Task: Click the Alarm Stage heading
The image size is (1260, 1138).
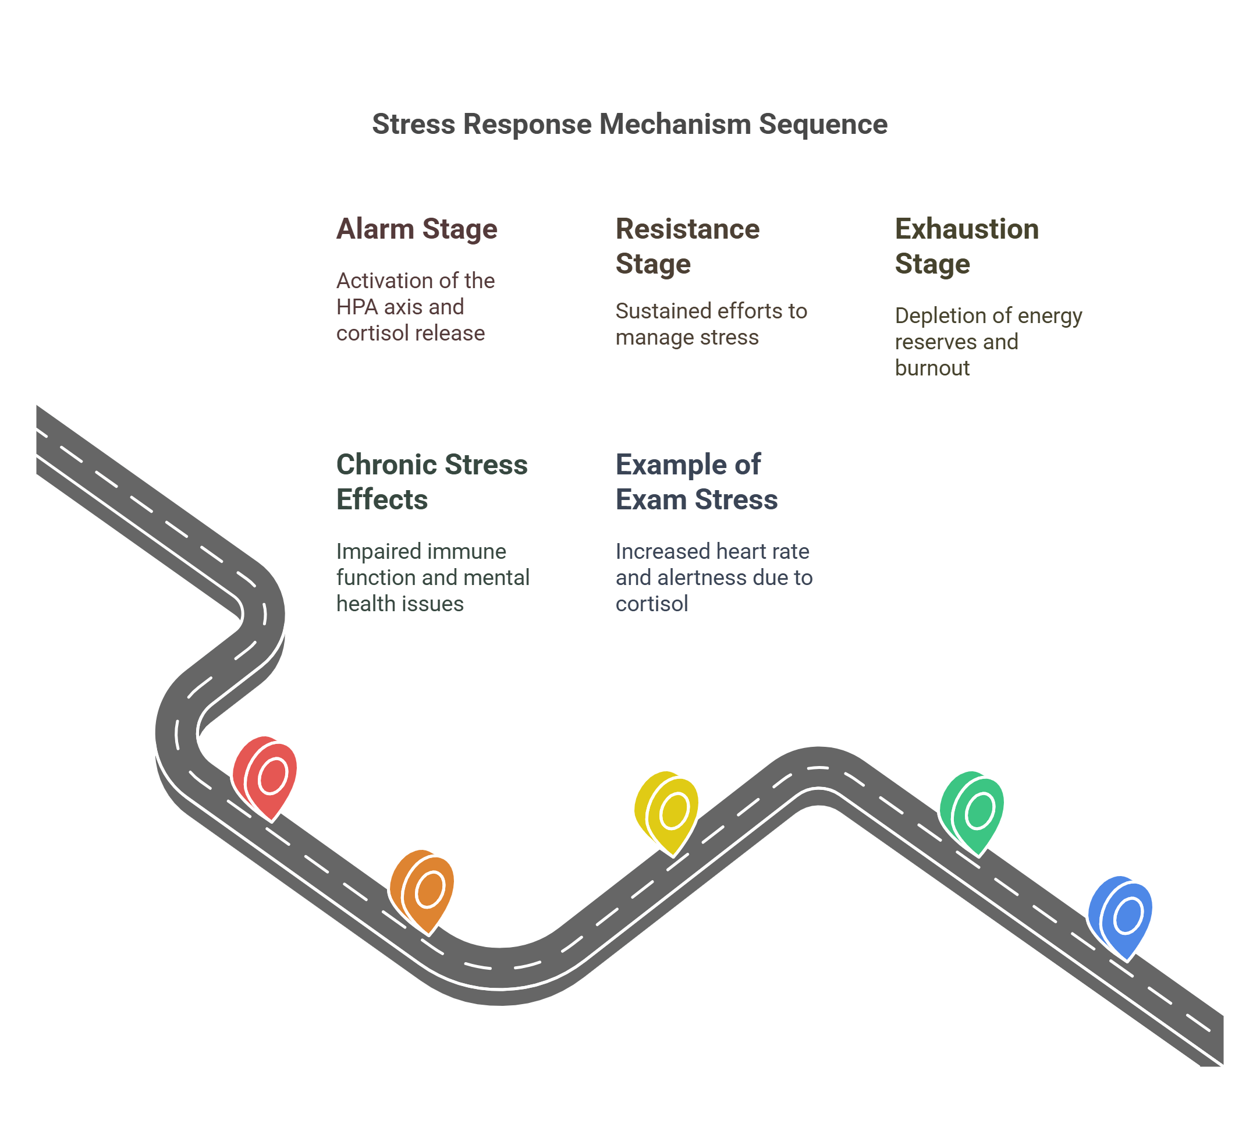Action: (x=417, y=229)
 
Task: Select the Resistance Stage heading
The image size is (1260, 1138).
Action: (x=687, y=246)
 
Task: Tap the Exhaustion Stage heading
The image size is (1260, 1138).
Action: (x=966, y=246)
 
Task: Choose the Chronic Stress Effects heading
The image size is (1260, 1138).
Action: (x=432, y=481)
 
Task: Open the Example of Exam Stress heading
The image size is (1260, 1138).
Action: (x=696, y=481)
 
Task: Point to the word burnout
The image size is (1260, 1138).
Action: (x=932, y=368)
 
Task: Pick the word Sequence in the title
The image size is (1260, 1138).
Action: (x=823, y=124)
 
